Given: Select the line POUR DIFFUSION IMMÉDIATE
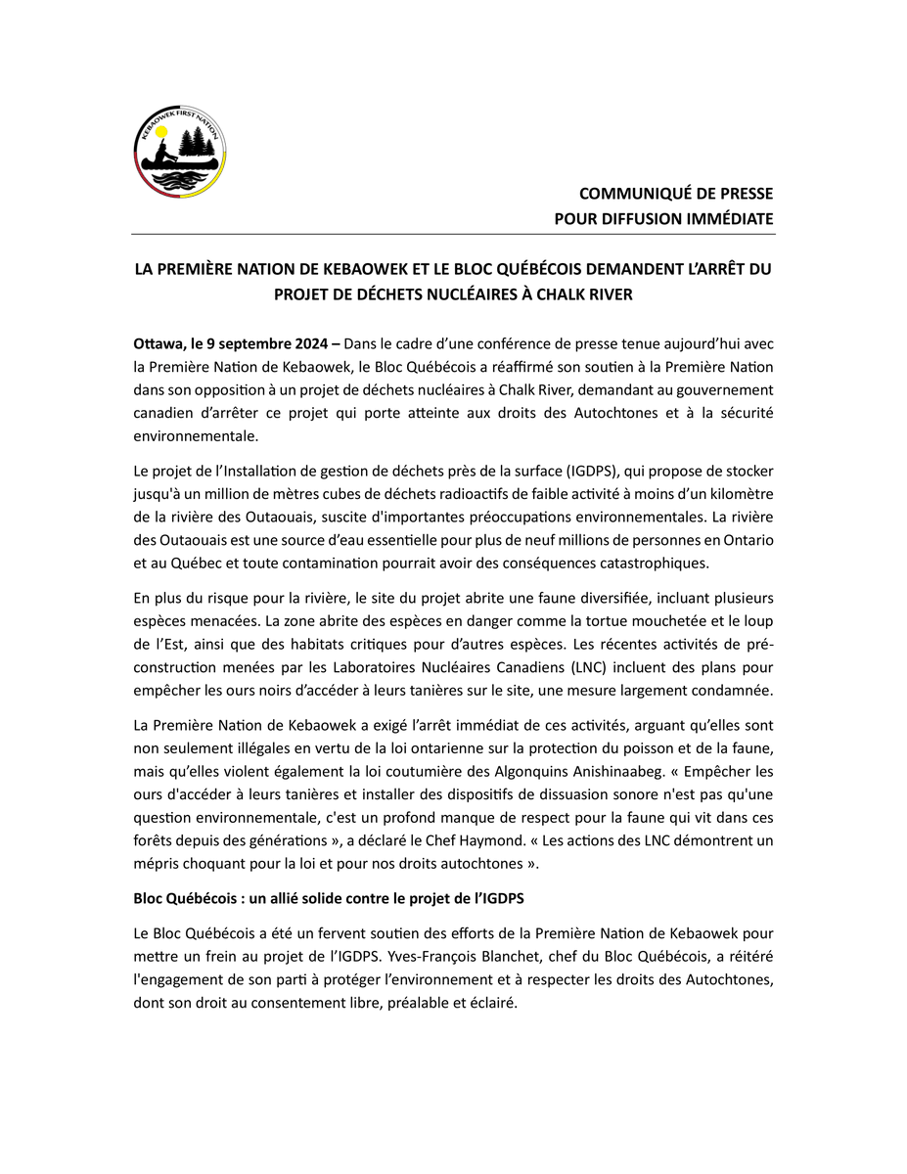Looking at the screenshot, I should (663, 218).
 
